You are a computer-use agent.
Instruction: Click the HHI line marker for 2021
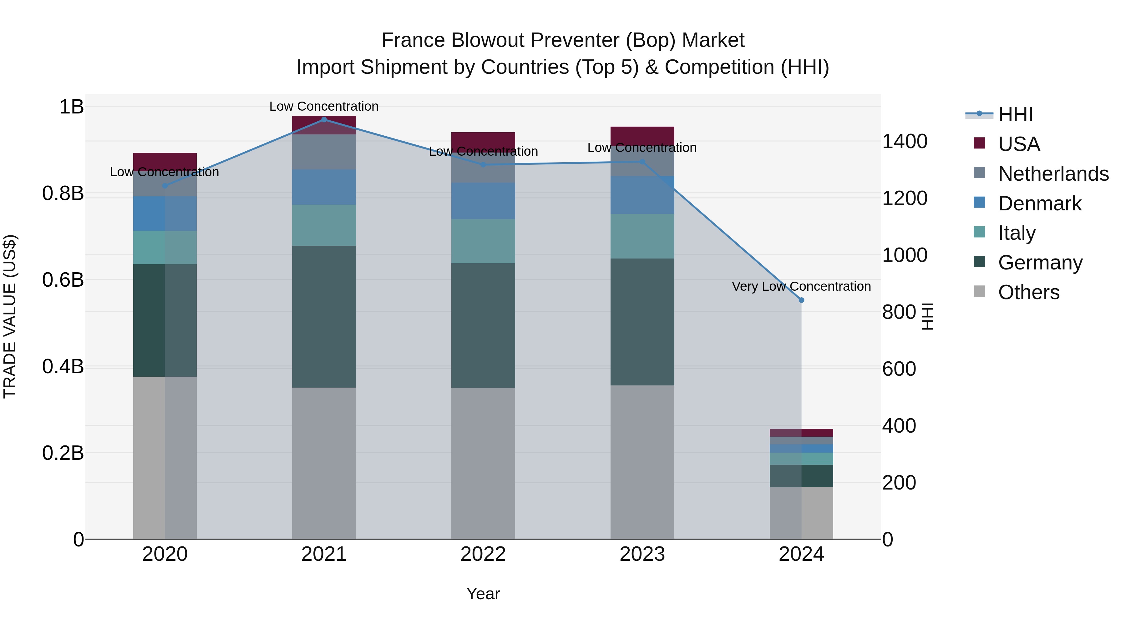click(x=324, y=119)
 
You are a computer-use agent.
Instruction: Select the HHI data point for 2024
click(x=801, y=300)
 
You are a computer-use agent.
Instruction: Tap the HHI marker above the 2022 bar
click(x=483, y=165)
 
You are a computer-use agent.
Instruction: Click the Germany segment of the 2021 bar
click(x=324, y=316)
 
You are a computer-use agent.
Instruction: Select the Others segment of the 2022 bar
click(x=483, y=463)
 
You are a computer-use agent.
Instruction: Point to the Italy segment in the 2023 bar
click(x=642, y=236)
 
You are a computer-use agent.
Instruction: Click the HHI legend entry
click(x=1015, y=114)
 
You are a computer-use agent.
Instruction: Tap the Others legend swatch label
click(x=1028, y=292)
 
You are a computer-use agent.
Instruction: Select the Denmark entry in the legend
click(x=1039, y=203)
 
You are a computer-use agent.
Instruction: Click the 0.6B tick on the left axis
click(x=63, y=279)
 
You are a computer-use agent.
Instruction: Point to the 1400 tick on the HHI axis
click(x=904, y=141)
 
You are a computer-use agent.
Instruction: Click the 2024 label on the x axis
click(x=801, y=554)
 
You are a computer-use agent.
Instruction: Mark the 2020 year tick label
click(x=165, y=554)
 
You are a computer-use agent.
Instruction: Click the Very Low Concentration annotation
click(x=801, y=286)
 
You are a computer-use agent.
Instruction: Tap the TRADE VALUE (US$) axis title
click(x=10, y=316)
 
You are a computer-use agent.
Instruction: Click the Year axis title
click(x=483, y=594)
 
